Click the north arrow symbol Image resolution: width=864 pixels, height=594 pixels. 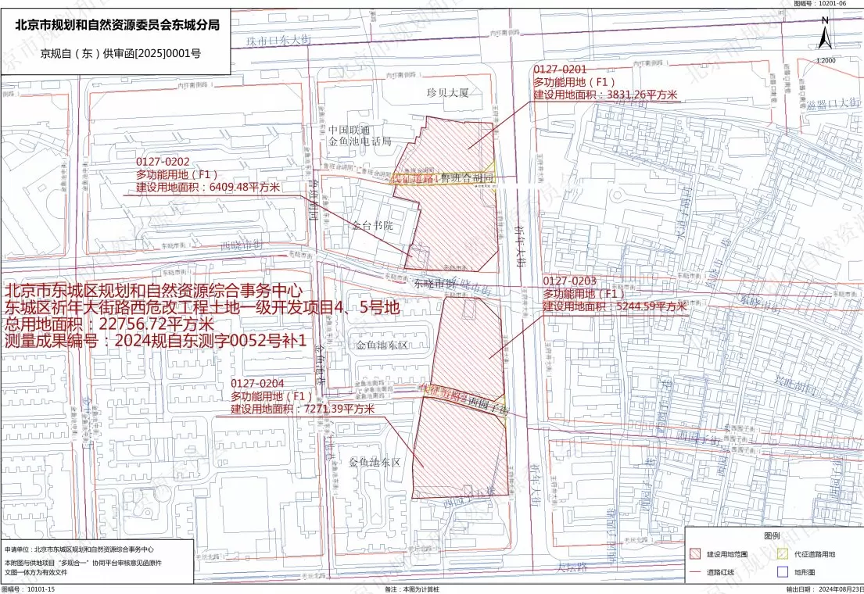coord(824,36)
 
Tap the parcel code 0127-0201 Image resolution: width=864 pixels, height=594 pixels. coord(560,70)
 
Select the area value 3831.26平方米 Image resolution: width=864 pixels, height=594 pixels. coord(637,95)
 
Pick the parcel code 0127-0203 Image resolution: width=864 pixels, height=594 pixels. coord(570,281)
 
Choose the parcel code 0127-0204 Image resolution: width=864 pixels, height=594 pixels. coord(257,383)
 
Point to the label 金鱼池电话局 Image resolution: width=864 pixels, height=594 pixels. coord(360,141)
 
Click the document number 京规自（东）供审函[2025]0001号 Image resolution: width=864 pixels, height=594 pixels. coord(121,53)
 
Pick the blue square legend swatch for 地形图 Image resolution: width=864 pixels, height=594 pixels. coord(783,572)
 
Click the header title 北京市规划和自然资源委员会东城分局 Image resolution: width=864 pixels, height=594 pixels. coord(118,24)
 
